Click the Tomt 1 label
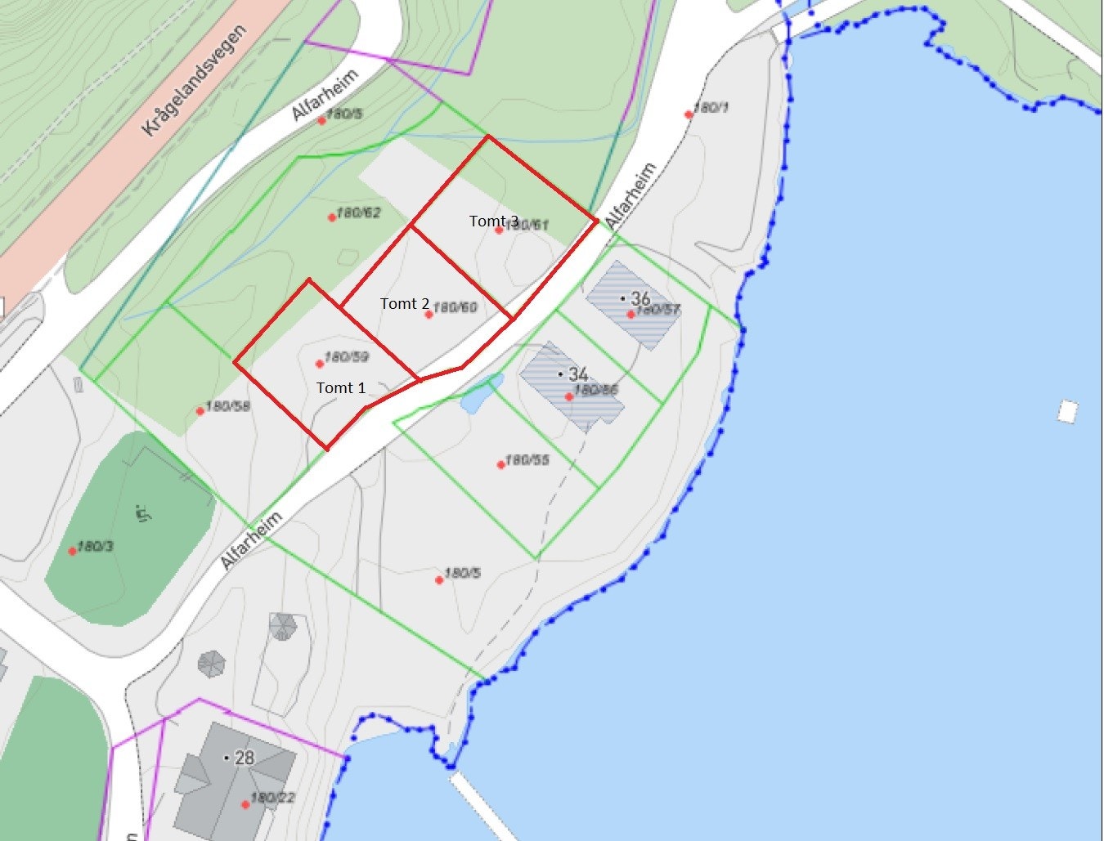[x=341, y=388]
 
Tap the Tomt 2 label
[x=405, y=304]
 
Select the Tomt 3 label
[x=493, y=221]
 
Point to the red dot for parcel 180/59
[x=320, y=364]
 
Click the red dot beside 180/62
[x=332, y=217]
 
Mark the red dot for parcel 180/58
[x=200, y=411]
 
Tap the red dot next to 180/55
[x=501, y=465]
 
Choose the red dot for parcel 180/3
[x=72, y=551]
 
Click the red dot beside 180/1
[x=689, y=114]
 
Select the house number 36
[x=640, y=298]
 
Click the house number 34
[x=578, y=374]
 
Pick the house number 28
[x=245, y=758]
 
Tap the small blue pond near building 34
[x=482, y=393]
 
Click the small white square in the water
[x=1067, y=411]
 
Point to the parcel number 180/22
[x=273, y=798]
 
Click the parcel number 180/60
[x=456, y=307]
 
